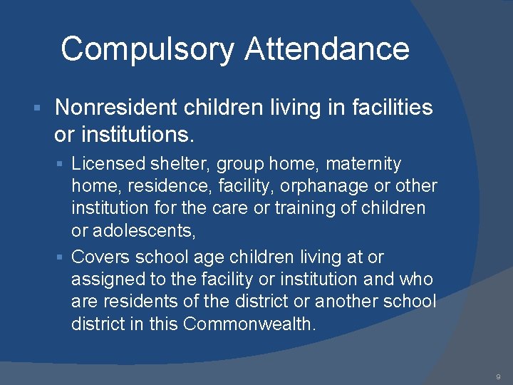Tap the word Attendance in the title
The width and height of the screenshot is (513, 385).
pos(327,49)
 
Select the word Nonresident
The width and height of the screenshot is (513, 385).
pos(115,108)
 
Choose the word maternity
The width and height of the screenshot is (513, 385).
pos(363,164)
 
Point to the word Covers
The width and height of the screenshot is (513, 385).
pos(100,256)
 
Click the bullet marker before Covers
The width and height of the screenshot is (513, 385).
pos(62,257)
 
